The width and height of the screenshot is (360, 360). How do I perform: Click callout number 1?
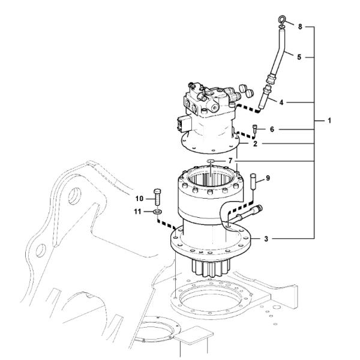click(329, 121)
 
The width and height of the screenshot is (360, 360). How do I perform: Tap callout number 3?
click(266, 239)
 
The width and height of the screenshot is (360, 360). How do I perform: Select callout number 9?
click(268, 178)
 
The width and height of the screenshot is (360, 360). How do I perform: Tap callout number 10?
click(138, 198)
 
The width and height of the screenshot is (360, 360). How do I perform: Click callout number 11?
click(138, 212)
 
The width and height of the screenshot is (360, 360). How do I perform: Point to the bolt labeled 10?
click(157, 198)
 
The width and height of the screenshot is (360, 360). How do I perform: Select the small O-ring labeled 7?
click(209, 161)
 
